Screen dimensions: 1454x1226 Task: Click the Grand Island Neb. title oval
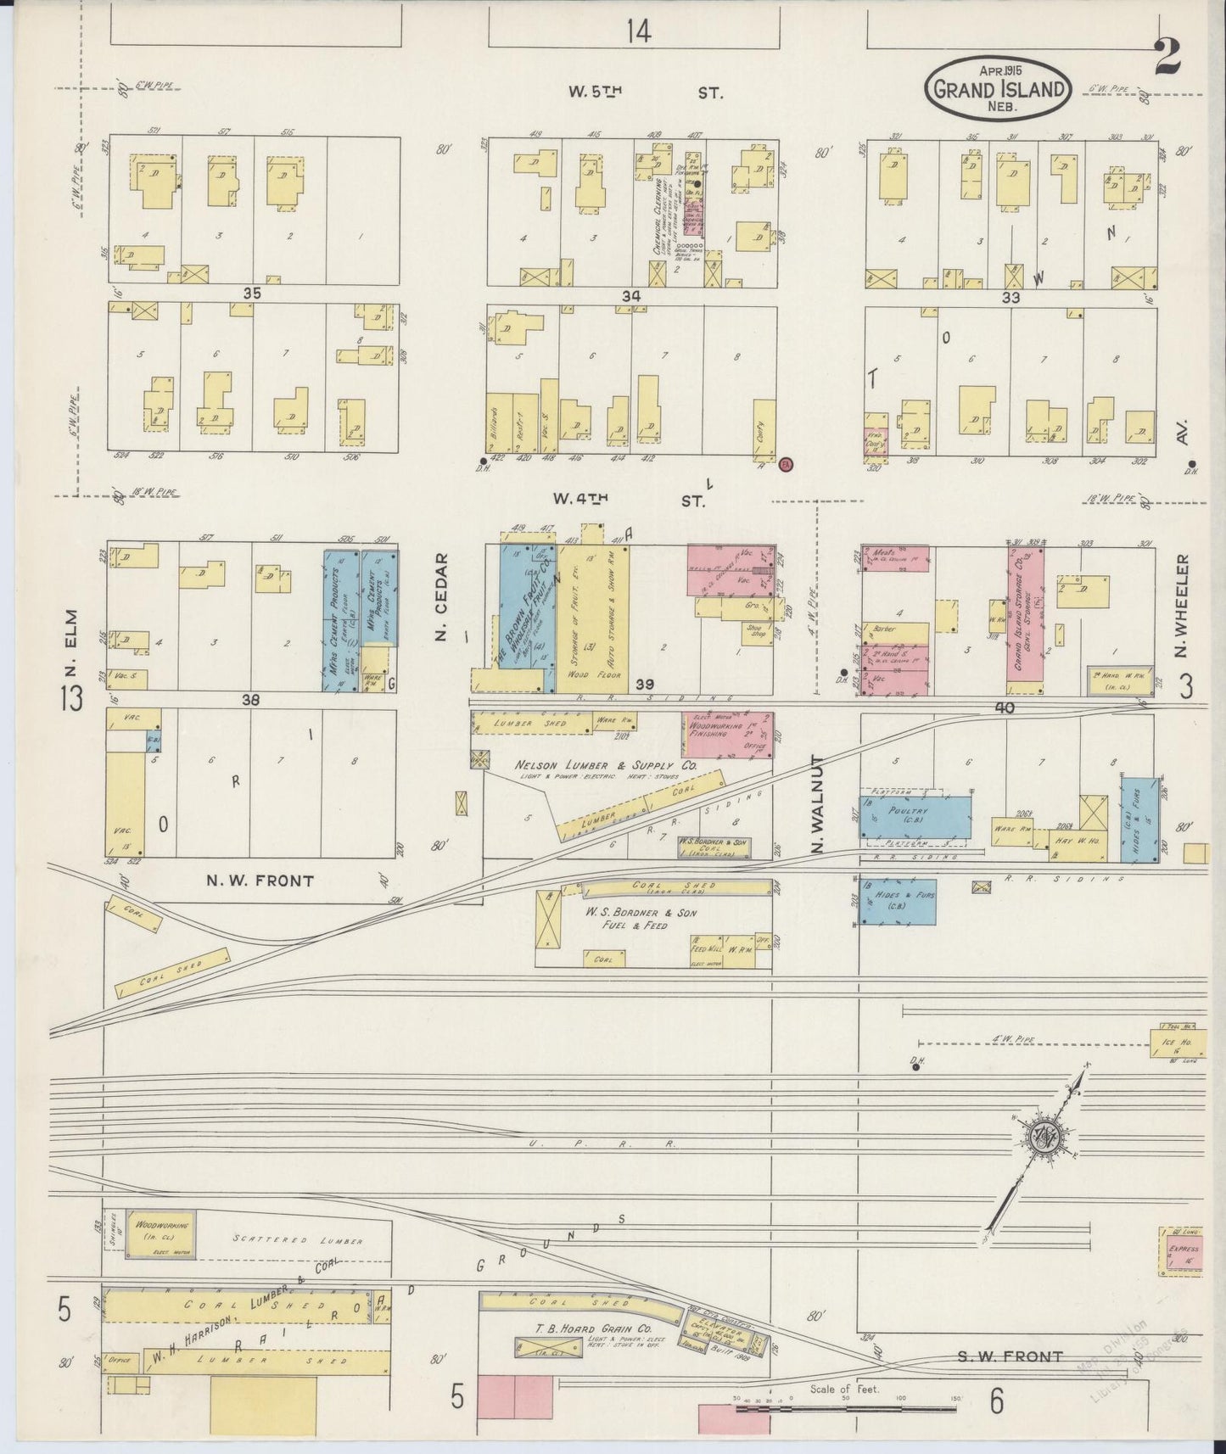(998, 88)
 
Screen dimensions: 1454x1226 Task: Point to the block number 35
(251, 294)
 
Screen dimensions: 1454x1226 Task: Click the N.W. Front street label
(260, 881)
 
